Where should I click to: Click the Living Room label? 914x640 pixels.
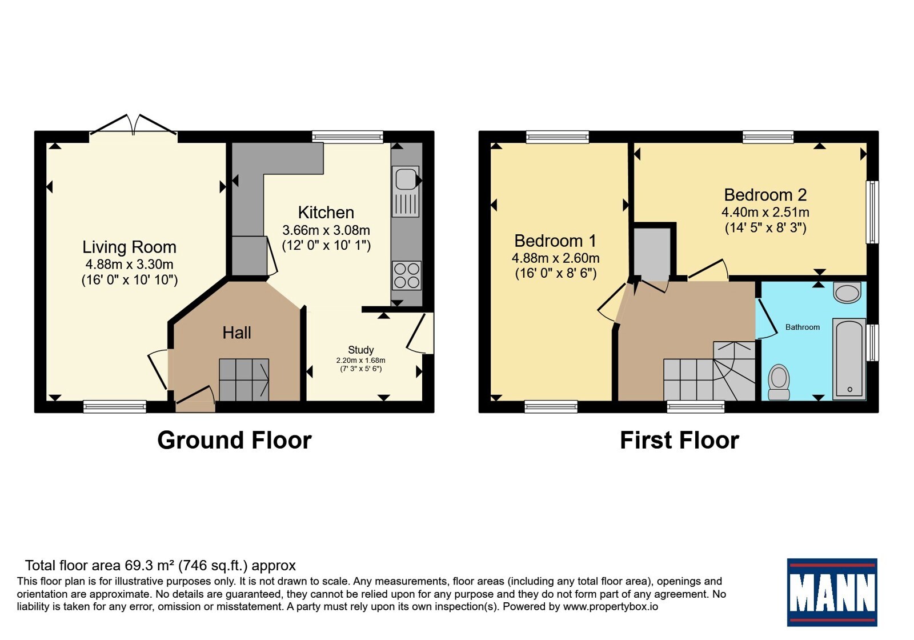pos(129,247)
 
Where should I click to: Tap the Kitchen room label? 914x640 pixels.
pos(326,213)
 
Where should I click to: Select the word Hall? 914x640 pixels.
pos(236,333)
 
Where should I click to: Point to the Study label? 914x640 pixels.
pos(360,350)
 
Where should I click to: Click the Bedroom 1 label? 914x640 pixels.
pos(555,241)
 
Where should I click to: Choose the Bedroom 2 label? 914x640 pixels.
pos(765,195)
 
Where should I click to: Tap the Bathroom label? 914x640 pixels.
pos(803,327)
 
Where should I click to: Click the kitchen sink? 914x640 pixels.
pos(406,191)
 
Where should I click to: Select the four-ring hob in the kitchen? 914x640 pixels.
pos(407,275)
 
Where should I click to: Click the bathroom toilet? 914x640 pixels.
pos(779,382)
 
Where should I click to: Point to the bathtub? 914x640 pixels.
pos(849,359)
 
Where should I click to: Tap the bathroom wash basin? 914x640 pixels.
pos(847,292)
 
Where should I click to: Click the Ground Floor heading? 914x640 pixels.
pos(235,440)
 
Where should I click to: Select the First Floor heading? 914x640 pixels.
pos(679,440)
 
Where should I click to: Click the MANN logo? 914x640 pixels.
pos(832,592)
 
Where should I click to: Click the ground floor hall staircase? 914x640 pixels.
pos(244,379)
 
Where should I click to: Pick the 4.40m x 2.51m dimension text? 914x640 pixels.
pos(765,212)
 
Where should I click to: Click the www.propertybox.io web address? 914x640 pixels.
pos(611,606)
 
